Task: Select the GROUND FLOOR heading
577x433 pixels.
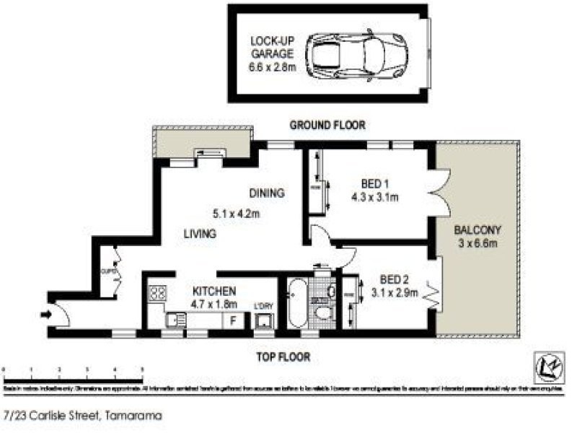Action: pos(327,125)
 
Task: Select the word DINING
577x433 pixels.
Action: pos(267,193)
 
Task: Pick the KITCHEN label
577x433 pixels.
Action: pos(214,291)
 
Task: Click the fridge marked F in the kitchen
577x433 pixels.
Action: pos(232,321)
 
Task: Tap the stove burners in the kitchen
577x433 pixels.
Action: pos(157,294)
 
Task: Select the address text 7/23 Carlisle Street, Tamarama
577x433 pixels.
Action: pos(82,416)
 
